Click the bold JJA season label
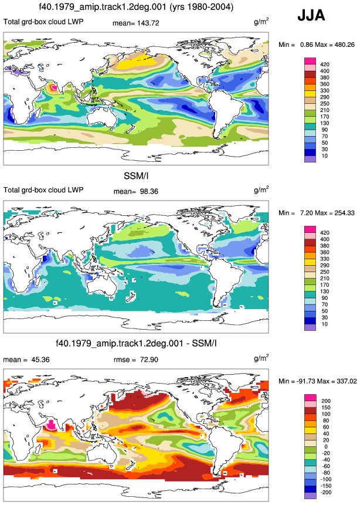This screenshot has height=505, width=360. (311, 15)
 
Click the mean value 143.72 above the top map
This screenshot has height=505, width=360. (148, 23)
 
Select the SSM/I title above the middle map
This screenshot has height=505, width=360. (136, 176)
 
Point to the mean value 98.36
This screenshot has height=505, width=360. (149, 192)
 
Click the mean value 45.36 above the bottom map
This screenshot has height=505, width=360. (40, 360)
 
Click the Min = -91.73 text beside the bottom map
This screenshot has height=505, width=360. (297, 381)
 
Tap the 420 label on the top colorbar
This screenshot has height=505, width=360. (325, 65)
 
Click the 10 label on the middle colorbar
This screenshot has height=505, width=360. (325, 324)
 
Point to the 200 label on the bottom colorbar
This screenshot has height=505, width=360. (326, 401)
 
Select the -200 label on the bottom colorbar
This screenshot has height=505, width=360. (326, 493)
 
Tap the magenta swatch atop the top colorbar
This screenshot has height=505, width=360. (310, 61)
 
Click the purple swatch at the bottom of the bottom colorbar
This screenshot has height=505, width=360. (310, 496)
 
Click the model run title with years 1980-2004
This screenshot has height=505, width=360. (135, 7)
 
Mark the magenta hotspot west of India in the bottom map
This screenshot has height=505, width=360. (52, 425)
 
